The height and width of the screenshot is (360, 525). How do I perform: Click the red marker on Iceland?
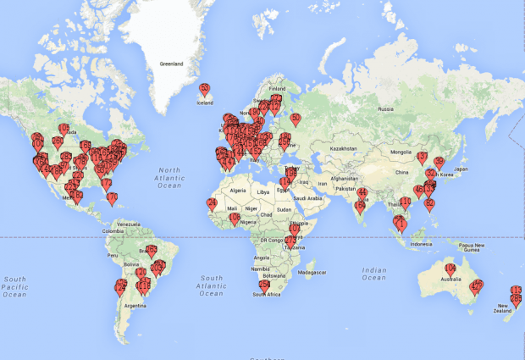(204, 89)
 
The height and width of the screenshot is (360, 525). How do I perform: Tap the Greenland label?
(173, 64)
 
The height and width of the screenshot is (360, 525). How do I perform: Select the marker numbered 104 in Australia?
(450, 269)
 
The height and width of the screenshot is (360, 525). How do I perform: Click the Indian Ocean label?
(373, 273)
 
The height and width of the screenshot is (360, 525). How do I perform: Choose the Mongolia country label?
(402, 153)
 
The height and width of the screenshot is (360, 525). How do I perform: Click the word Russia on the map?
(386, 109)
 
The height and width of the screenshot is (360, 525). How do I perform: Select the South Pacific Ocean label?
(14, 286)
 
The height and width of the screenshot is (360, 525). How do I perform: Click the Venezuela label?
(129, 224)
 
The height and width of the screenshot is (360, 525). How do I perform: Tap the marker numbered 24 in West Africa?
(212, 203)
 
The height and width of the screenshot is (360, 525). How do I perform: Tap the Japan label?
(461, 169)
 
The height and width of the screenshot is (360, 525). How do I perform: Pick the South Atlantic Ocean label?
(212, 285)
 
